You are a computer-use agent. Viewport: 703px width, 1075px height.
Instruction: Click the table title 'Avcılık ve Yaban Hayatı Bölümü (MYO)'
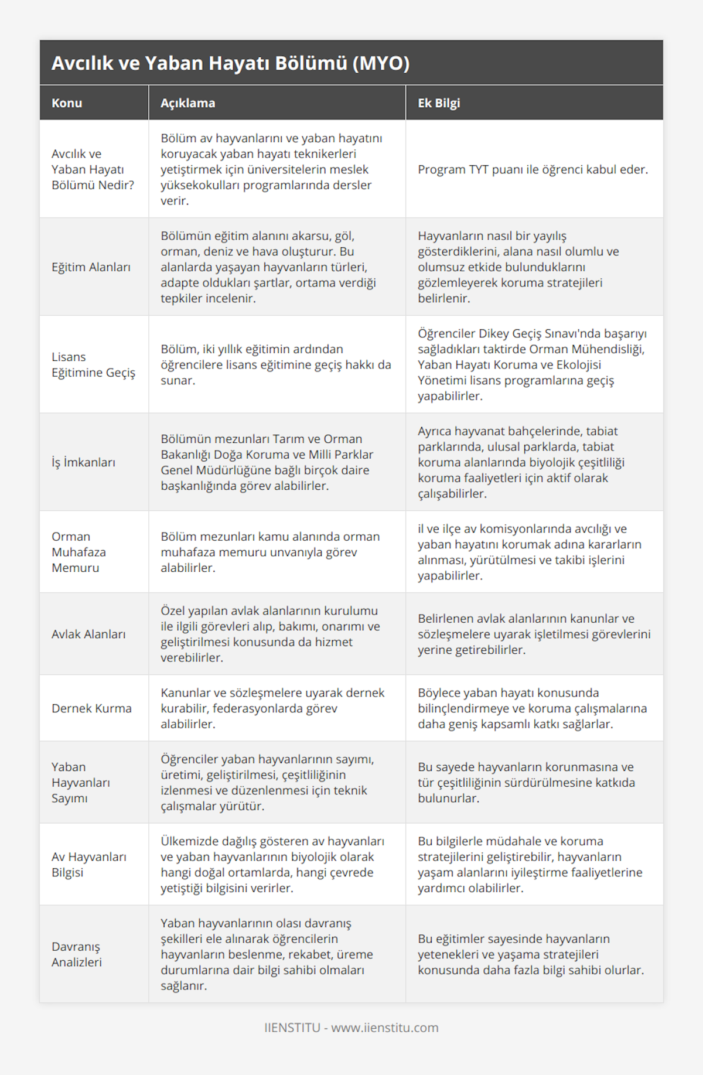pyautogui.click(x=230, y=63)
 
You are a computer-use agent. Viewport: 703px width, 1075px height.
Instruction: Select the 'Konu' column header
pyautogui.click(x=67, y=103)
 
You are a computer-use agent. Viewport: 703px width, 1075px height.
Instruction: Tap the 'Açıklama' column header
pyautogui.click(x=187, y=103)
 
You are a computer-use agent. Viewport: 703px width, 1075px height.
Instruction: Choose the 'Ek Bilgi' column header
pyautogui.click(x=438, y=103)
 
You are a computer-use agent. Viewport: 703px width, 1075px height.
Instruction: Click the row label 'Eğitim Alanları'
pyautogui.click(x=91, y=267)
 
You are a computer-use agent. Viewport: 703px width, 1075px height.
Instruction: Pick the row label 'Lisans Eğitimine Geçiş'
pyautogui.click(x=93, y=364)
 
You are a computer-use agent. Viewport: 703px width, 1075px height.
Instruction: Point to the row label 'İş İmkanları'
pyautogui.click(x=83, y=462)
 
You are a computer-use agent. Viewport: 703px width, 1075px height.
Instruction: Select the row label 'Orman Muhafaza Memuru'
pyautogui.click(x=79, y=552)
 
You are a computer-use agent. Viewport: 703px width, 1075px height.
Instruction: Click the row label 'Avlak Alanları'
pyautogui.click(x=88, y=634)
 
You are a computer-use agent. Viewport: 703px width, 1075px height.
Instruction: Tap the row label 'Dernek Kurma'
pyautogui.click(x=91, y=708)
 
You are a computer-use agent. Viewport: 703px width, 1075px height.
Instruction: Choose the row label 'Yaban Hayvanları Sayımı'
pyautogui.click(x=81, y=782)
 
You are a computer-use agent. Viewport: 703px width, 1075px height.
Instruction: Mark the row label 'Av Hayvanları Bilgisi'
pyautogui.click(x=89, y=864)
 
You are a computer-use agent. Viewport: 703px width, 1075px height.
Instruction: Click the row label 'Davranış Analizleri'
pyautogui.click(x=77, y=954)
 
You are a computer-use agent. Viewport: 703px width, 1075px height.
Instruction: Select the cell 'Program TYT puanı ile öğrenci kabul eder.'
pyautogui.click(x=533, y=170)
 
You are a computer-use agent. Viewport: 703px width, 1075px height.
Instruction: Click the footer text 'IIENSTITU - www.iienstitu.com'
pyautogui.click(x=351, y=1028)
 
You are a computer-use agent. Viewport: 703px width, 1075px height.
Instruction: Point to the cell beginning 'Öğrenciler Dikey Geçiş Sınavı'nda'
pyautogui.click(x=532, y=364)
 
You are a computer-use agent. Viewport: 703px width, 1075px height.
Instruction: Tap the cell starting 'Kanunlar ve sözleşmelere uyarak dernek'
pyautogui.click(x=272, y=708)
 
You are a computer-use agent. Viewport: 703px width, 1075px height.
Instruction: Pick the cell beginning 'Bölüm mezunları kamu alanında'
pyautogui.click(x=270, y=552)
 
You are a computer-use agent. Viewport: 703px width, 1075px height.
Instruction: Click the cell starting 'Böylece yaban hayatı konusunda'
pyautogui.click(x=532, y=708)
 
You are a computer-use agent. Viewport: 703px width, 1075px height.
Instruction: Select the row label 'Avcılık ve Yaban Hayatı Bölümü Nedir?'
pyautogui.click(x=93, y=169)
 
